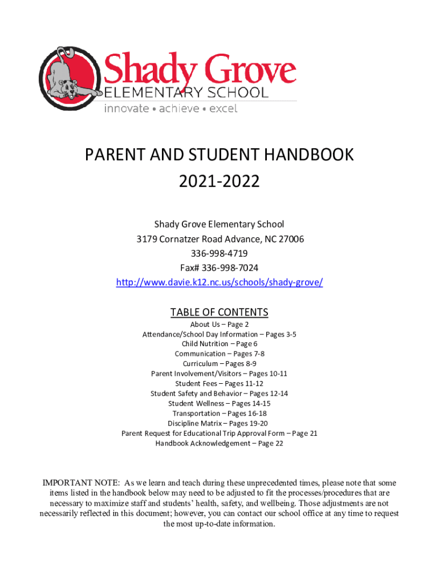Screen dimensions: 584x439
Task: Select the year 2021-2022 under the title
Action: coord(219,182)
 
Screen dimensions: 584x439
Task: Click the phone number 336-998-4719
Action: coord(219,253)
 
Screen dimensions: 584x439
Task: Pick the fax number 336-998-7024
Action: coord(231,268)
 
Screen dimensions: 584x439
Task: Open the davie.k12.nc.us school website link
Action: coord(219,283)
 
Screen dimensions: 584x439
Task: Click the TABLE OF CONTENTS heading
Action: coord(219,312)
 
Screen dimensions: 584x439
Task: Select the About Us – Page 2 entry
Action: coord(219,325)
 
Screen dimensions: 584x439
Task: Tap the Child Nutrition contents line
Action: coord(219,344)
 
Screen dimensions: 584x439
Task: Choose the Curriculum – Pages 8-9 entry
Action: coord(219,363)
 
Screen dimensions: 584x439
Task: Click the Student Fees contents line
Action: coord(219,383)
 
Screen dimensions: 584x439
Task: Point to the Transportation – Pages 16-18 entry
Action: coord(219,413)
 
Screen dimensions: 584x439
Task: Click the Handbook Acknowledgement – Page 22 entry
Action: coord(219,443)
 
